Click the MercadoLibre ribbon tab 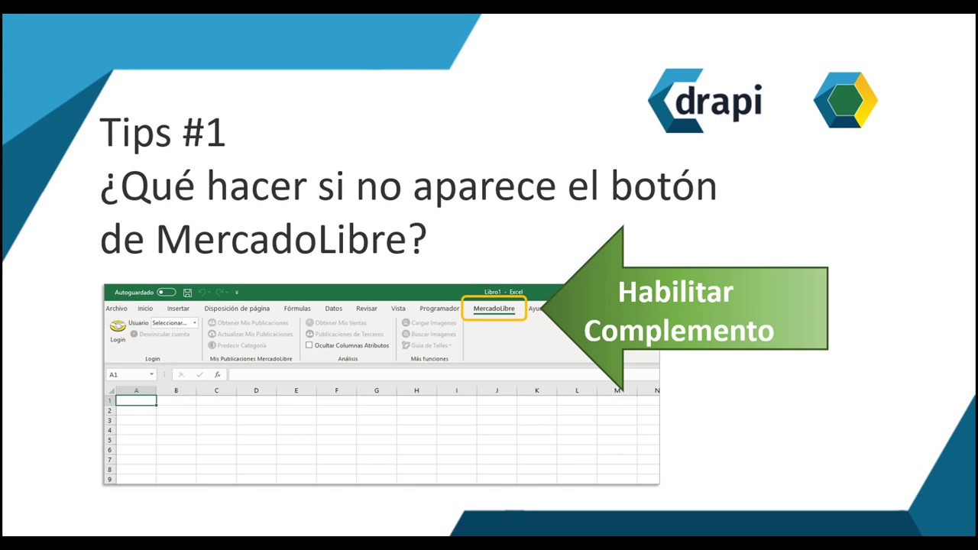494,309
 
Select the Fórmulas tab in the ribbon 297,309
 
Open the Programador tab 439,309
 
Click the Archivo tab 116,309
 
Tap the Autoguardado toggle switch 166,293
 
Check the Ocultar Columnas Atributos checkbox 309,345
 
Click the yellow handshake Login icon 118,326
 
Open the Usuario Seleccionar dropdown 174,323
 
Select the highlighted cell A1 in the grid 136,400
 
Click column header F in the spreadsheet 336,390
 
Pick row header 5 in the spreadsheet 110,440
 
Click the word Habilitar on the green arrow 675,292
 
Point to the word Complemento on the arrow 678,331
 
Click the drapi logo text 718,101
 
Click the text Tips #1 163,132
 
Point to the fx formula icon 218,374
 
